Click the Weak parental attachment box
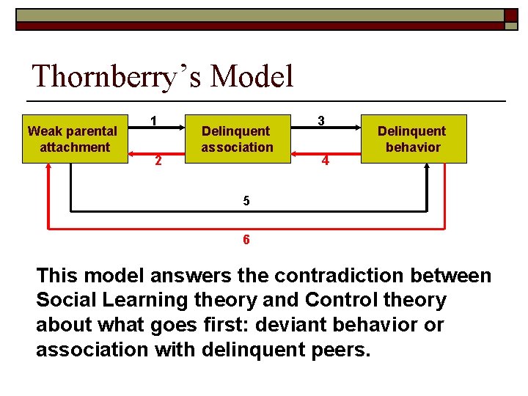click(72, 139)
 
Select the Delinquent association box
click(237, 139)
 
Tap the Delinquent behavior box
click(413, 139)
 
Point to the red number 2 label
click(157, 161)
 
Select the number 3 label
click(321, 120)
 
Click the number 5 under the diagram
click(246, 201)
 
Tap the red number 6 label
click(246, 240)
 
